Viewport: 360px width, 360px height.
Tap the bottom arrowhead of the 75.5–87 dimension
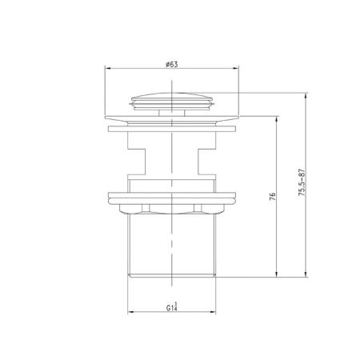[306, 274]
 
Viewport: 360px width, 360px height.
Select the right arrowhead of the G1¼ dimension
[216, 310]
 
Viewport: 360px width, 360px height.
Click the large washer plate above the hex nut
[172, 197]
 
